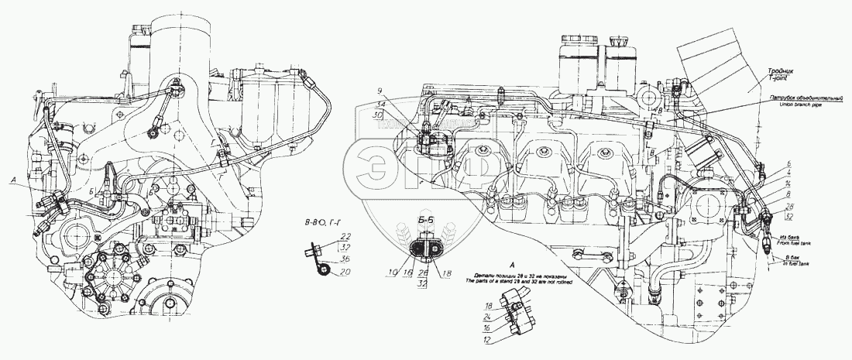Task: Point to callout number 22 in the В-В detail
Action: [x=324, y=236]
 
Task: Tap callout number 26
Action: [x=424, y=273]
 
